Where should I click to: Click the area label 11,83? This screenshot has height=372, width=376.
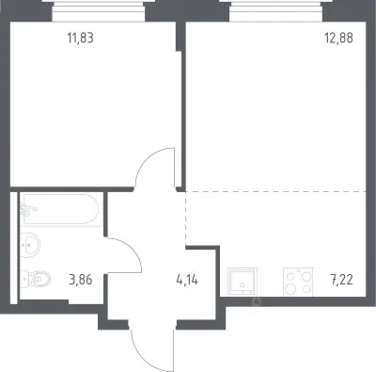coord(81,39)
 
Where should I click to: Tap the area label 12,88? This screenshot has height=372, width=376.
coord(338,38)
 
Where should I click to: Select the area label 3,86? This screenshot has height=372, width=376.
coord(81,279)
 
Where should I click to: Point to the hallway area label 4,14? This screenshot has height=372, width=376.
coord(187,279)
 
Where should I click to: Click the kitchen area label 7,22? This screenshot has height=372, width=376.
coord(341,279)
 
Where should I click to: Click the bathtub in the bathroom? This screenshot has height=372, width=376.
coord(61,209)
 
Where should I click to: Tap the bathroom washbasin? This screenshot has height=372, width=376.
coord(30,245)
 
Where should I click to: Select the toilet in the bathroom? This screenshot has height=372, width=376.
coord(36,278)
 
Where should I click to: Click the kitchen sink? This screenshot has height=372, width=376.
coord(243,282)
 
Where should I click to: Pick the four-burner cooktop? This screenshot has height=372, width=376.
coord(298,282)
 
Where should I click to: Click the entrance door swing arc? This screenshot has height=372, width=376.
coord(134,348)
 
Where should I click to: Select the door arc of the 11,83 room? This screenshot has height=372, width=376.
coord(143,163)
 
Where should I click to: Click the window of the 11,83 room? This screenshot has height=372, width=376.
coord(99,11)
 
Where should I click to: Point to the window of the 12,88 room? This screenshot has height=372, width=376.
coord(276,11)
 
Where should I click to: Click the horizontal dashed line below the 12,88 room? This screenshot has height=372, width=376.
coord(275,191)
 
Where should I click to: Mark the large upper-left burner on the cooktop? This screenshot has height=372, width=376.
coord(291,277)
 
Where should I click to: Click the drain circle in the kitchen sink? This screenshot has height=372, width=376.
coord(243,285)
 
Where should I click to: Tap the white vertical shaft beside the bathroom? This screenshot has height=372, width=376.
coord(13,248)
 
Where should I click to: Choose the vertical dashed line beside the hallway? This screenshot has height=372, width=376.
coord(186,218)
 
